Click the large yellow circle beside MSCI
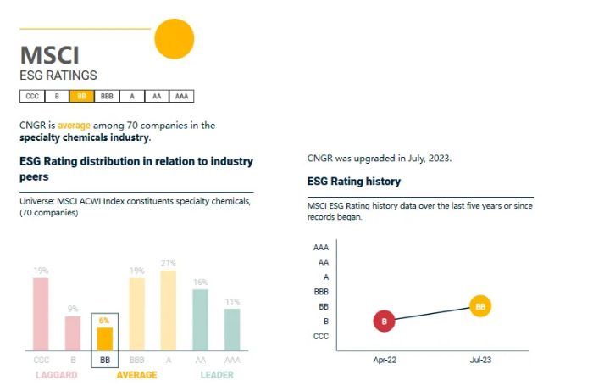pyautogui.click(x=173, y=38)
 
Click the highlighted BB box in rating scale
pyautogui.click(x=81, y=96)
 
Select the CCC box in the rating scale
pyautogui.click(x=31, y=96)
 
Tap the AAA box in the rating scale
pyautogui.click(x=180, y=96)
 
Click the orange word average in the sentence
pyautogui.click(x=74, y=125)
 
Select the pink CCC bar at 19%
pyautogui.click(x=41, y=314)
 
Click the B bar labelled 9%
pyautogui.click(x=73, y=333)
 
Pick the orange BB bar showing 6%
pyautogui.click(x=104, y=338)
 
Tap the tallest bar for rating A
pyautogui.click(x=168, y=310)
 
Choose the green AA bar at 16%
pyautogui.click(x=200, y=320)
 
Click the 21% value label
pyautogui.click(x=168, y=262)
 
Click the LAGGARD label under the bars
pyautogui.click(x=57, y=375)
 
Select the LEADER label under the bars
pyautogui.click(x=217, y=375)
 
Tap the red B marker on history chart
pyautogui.click(x=384, y=322)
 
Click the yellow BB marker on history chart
pyautogui.click(x=480, y=306)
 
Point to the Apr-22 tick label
pyautogui.click(x=385, y=361)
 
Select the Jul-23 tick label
pyautogui.click(x=481, y=361)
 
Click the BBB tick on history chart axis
pyautogui.click(x=320, y=291)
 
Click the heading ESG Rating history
pyautogui.click(x=354, y=182)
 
